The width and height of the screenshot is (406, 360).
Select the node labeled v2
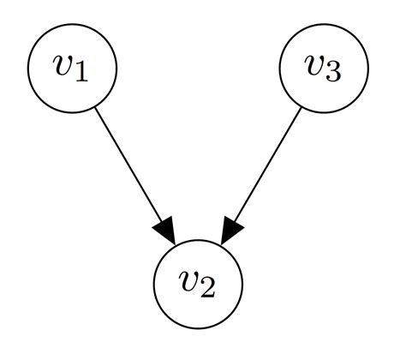[198, 285]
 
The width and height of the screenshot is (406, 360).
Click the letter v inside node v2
[189, 282]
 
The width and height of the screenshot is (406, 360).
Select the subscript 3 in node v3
[335, 75]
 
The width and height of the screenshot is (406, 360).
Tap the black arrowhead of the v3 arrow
[230, 230]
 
